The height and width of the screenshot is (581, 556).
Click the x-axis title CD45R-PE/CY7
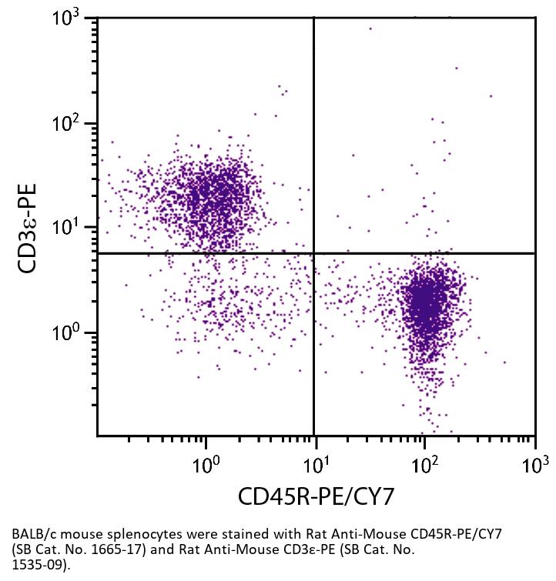pos(316,497)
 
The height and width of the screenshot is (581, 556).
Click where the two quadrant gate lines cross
pos(314,253)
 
